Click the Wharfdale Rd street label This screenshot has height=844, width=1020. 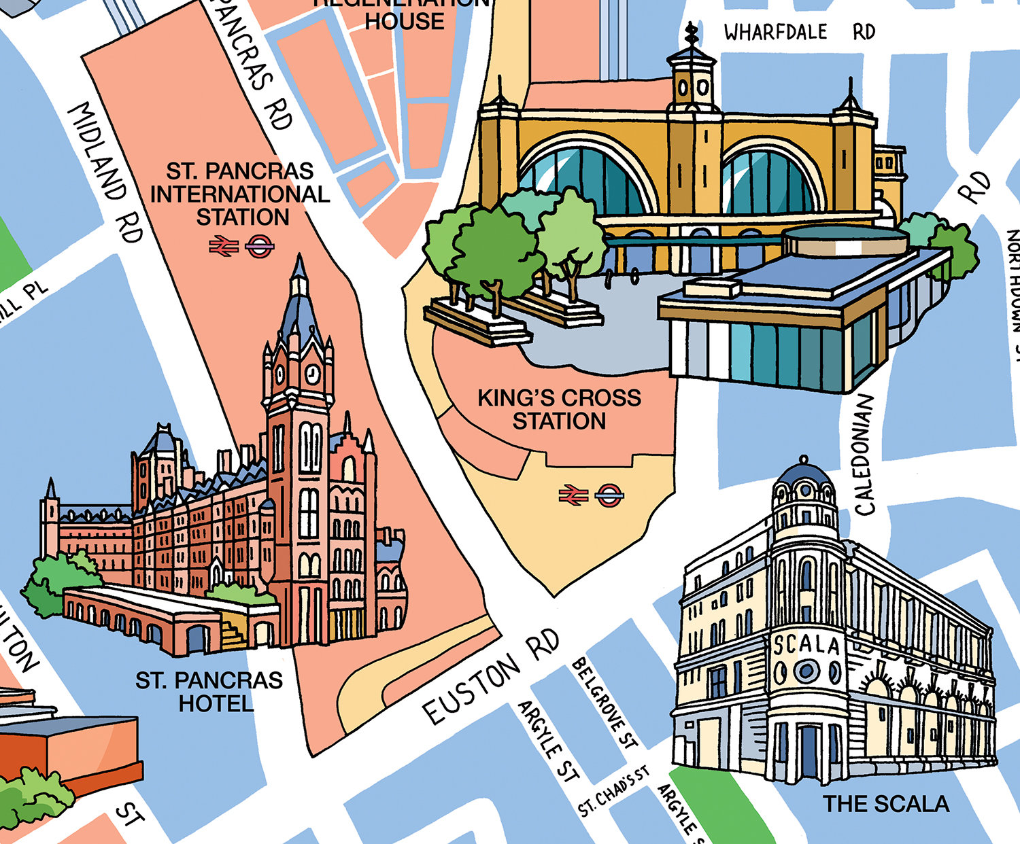pos(799,32)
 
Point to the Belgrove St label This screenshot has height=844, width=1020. pos(605,703)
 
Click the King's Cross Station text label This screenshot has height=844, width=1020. pos(559,409)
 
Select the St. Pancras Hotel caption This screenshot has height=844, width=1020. pos(209,691)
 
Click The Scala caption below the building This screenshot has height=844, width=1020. pos(886,804)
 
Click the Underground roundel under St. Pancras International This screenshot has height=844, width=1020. pos(259,246)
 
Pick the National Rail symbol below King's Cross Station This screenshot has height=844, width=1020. pos(573,495)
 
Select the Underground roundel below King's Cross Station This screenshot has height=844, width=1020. pos(609,495)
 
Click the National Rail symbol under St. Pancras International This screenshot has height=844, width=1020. pos(223,246)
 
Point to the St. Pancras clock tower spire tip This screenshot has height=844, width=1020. pos(299,259)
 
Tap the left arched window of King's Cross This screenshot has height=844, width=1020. pos(585,177)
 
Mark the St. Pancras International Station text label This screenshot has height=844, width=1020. pos(240,194)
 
